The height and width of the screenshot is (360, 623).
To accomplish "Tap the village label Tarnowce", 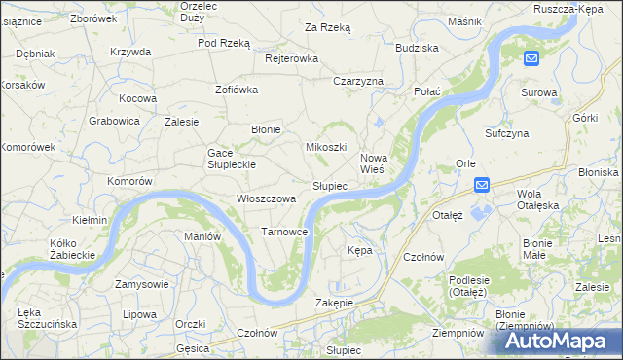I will pyautogui.click(x=284, y=232).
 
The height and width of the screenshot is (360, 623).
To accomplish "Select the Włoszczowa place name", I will pyautogui.click(x=266, y=198).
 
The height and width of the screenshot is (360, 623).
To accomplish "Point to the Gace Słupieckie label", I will pyautogui.click(x=231, y=159).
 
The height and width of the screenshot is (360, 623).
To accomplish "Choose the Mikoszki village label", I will pyautogui.click(x=326, y=147).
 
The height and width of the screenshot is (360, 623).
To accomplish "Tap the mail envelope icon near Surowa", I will pyautogui.click(x=531, y=59).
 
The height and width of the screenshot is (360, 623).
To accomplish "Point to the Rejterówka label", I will pyautogui.click(x=292, y=58).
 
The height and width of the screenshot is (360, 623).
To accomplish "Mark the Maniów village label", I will pyautogui.click(x=202, y=236).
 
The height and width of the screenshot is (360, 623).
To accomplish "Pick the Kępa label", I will pyautogui.click(x=359, y=250).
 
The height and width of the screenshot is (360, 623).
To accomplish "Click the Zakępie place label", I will pyautogui.click(x=334, y=303).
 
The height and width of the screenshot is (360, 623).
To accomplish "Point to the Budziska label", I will pyautogui.click(x=417, y=47).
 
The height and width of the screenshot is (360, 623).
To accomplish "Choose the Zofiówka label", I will pyautogui.click(x=236, y=90).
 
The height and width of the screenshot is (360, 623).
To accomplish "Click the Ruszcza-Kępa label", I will pyautogui.click(x=570, y=8).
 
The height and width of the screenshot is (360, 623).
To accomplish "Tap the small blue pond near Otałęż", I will pyautogui.click(x=480, y=208).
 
